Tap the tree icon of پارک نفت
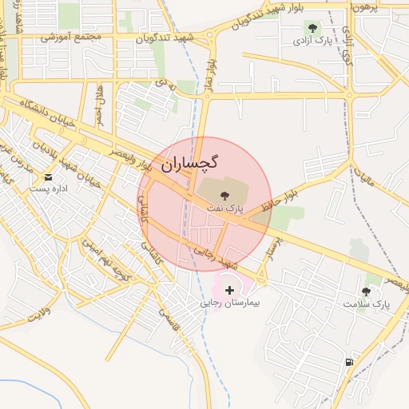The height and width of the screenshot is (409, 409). pos(224,195)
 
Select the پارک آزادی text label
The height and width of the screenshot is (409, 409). pos(312,40)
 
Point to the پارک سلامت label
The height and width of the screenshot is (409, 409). pos(366,304)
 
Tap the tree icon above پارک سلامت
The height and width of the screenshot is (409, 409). pos(367,292)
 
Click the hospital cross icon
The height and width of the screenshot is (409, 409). pos(230,291)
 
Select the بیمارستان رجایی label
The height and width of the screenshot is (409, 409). pos(230,304)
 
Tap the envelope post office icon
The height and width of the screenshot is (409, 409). pos(50,177)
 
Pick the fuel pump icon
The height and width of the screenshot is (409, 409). pos(348,362)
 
